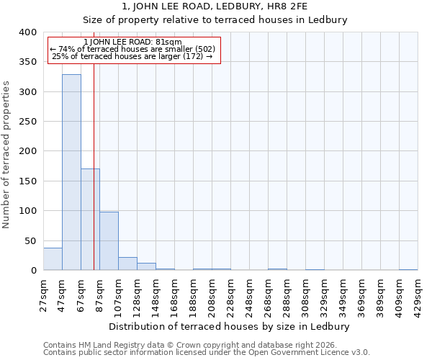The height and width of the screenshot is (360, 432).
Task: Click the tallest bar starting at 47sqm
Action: click(x=71, y=173)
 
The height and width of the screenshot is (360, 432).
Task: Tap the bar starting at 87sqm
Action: click(x=109, y=241)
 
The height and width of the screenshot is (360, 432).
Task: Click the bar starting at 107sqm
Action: click(x=127, y=264)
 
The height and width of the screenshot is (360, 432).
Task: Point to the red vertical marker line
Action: click(x=94, y=180)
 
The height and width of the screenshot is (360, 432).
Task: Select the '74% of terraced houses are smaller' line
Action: click(x=133, y=49)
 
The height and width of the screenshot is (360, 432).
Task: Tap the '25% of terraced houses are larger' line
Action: click(x=133, y=56)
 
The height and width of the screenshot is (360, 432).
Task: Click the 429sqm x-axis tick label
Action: click(x=418, y=294)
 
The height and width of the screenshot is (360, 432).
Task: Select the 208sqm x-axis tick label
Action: click(x=212, y=294)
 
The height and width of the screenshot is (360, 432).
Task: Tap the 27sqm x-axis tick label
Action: click(x=44, y=294)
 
